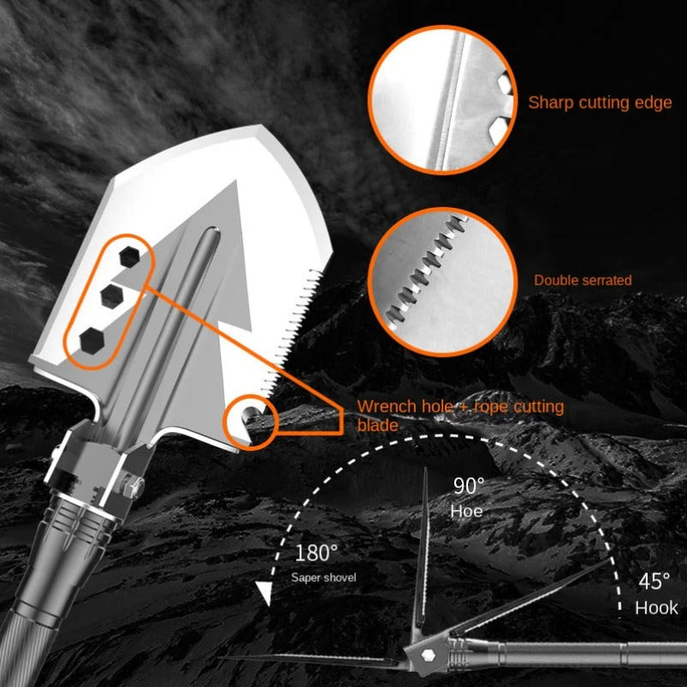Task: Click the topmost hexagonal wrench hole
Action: [130, 255]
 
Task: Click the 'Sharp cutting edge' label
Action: [600, 103]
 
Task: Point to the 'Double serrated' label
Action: [583, 280]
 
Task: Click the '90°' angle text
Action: [468, 486]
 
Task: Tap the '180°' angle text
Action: [316, 553]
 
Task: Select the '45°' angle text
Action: [654, 582]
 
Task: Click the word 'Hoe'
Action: [467, 512]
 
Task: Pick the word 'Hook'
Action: [656, 608]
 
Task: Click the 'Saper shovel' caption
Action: [323, 577]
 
